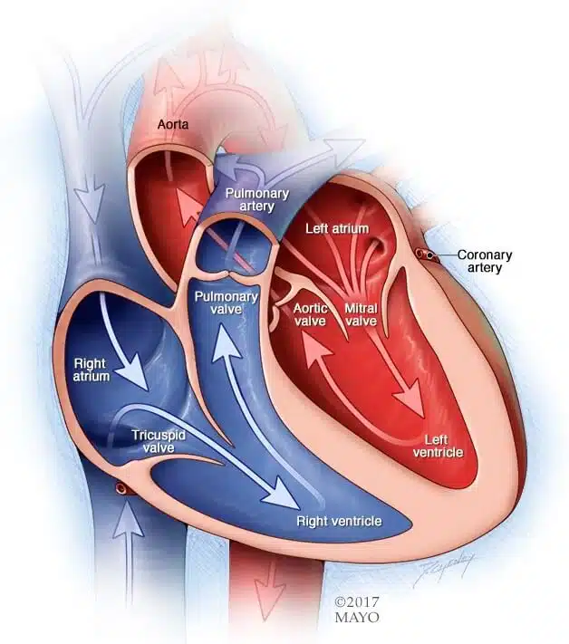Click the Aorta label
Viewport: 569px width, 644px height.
pos(173,124)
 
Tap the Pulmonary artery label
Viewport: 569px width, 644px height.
pos(257,199)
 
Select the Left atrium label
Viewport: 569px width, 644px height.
pos(337,228)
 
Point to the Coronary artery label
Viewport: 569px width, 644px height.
pos(485,261)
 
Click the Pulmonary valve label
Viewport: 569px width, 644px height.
pos(227,303)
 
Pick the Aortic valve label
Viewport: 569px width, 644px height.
pos(310,314)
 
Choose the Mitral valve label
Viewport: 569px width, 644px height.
pos(362,314)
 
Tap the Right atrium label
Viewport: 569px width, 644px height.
pos(92,370)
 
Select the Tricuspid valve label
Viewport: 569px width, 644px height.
pos(159,441)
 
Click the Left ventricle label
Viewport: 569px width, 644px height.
pos(438,446)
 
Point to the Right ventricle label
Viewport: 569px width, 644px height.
pos(340,521)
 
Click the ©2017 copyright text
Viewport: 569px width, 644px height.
pos(357,602)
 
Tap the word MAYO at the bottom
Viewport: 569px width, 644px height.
pos(357,618)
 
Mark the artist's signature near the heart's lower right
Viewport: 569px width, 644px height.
pos(444,569)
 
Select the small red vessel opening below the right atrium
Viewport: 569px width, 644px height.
pos(121,488)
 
